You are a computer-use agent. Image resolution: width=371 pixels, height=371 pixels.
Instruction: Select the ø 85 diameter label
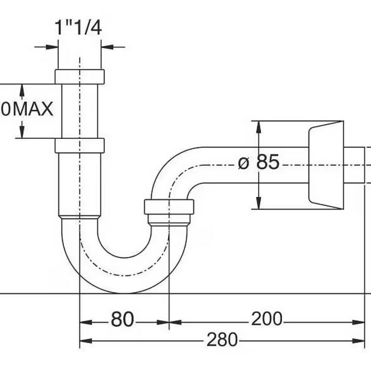click(259, 162)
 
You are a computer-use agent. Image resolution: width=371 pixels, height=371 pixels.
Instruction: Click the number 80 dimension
click(122, 319)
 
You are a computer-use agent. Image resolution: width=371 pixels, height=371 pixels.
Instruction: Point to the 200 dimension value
click(267, 319)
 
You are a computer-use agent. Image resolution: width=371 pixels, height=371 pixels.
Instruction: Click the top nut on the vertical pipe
click(79, 76)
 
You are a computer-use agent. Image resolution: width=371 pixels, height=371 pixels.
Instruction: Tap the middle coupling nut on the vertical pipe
click(79, 145)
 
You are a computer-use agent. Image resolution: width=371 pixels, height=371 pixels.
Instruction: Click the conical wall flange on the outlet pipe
click(326, 165)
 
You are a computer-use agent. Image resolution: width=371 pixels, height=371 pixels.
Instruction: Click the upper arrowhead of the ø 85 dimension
click(259, 126)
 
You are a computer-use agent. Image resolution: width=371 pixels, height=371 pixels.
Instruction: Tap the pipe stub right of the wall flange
click(354, 165)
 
